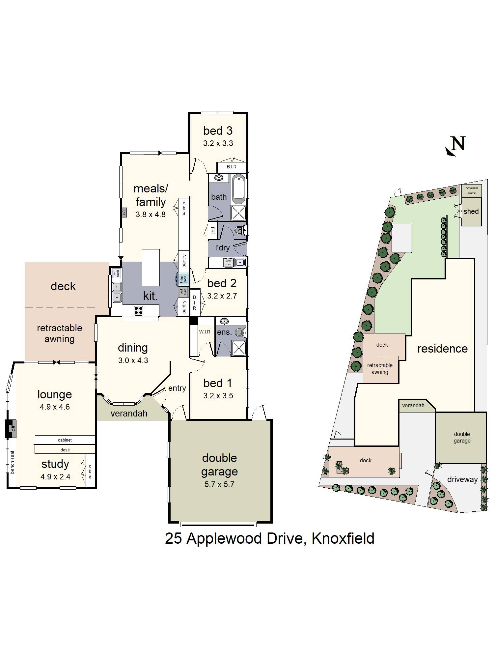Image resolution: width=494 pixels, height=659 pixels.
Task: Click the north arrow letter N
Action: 458,144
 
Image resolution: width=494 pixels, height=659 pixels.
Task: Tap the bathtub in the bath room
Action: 239,190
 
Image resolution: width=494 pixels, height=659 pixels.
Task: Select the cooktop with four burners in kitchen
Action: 138,310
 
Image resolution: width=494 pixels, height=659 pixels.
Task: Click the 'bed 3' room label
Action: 218,131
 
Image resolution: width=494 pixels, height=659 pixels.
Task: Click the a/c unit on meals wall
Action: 124,212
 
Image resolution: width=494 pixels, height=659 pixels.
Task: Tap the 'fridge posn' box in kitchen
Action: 183,279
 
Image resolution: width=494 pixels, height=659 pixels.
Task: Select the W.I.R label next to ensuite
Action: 204,332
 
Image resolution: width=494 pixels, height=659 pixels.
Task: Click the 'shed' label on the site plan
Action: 471,212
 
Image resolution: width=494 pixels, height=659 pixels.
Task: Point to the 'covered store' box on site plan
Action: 472,190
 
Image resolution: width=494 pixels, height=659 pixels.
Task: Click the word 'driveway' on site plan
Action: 462,479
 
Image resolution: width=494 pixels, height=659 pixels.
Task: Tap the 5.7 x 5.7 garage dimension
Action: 219,484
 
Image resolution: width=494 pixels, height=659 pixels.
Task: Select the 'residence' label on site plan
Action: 442,349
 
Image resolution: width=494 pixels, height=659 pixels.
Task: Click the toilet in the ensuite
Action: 242,333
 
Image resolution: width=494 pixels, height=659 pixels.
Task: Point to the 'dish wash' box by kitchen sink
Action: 116,273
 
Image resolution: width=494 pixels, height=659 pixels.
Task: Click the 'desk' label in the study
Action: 65,450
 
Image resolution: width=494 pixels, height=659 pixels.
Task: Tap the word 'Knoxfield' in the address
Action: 343,539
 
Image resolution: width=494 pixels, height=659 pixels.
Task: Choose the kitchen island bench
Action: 151,267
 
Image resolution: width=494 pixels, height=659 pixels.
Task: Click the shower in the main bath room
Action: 239,213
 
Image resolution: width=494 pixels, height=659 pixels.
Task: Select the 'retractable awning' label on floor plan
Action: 60,333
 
